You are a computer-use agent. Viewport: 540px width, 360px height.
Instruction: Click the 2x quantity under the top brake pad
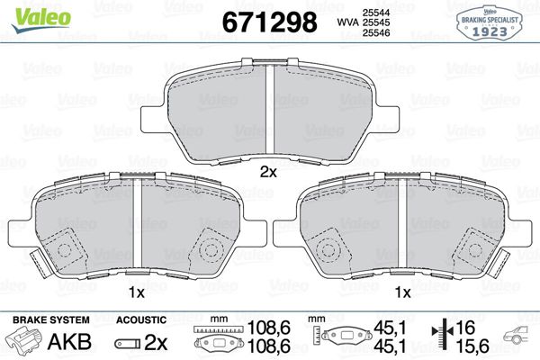point(267,171)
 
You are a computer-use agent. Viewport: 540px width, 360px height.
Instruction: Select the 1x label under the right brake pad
point(402,293)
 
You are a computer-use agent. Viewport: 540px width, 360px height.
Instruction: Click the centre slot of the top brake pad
point(268,112)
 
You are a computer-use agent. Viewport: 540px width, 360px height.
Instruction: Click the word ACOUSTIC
point(142,319)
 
